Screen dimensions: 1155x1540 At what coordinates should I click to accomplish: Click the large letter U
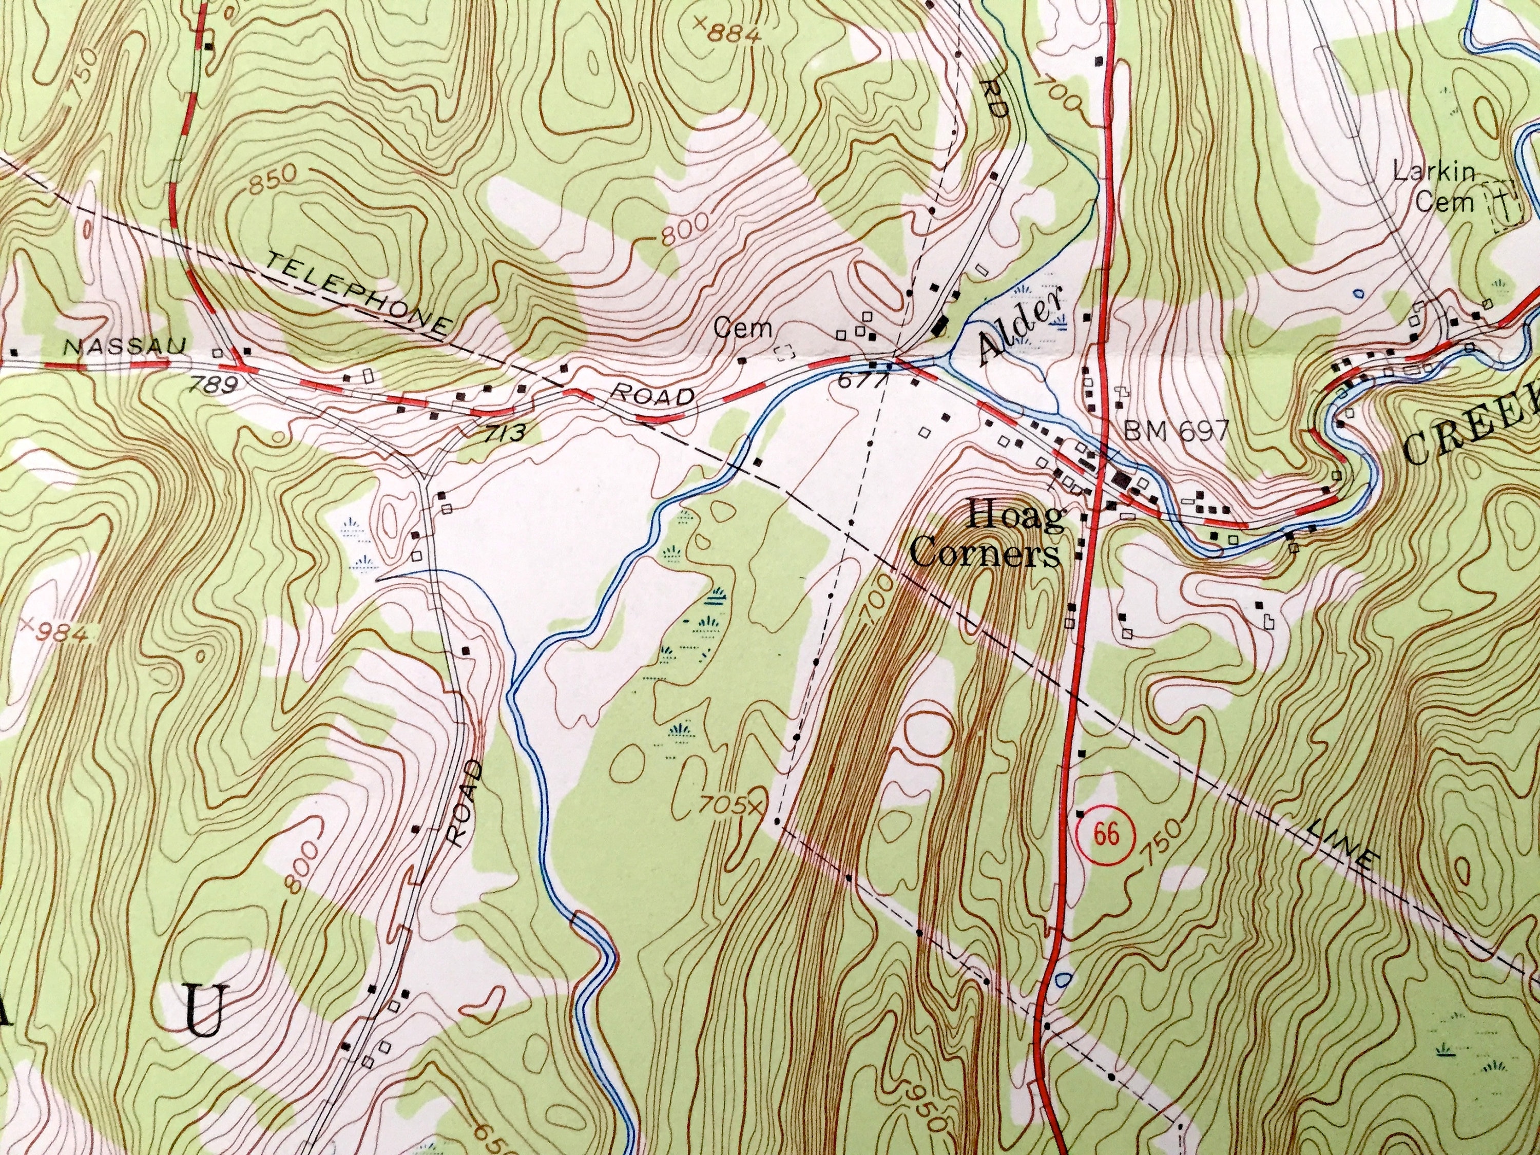(x=203, y=1018)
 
